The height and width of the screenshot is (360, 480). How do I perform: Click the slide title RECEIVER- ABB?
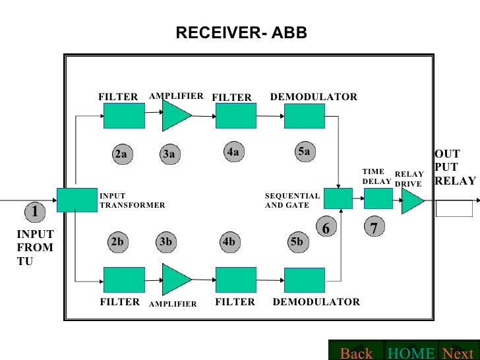point(241,33)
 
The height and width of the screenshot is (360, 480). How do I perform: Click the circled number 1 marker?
point(35,212)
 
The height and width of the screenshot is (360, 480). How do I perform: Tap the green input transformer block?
point(76,200)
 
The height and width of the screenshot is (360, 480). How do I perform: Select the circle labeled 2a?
point(121,154)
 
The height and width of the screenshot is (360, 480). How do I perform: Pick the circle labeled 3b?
point(165,242)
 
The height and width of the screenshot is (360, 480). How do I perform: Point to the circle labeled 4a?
point(232,152)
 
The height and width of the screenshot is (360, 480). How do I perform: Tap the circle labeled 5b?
point(297,242)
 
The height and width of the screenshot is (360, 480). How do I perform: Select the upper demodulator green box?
point(304,116)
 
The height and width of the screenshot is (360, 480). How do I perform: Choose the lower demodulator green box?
point(304,280)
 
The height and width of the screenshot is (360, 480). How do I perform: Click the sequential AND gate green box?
point(338,198)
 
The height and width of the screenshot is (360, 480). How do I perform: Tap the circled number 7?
point(374,228)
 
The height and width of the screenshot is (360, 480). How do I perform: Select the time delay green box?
point(378,198)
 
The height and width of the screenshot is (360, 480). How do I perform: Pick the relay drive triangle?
point(411,200)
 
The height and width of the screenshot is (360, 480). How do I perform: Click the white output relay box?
point(454,208)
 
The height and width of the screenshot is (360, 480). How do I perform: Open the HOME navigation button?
point(411,353)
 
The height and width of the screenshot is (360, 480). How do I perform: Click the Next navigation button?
point(458,353)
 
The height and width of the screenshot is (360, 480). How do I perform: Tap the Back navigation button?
point(356,353)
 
